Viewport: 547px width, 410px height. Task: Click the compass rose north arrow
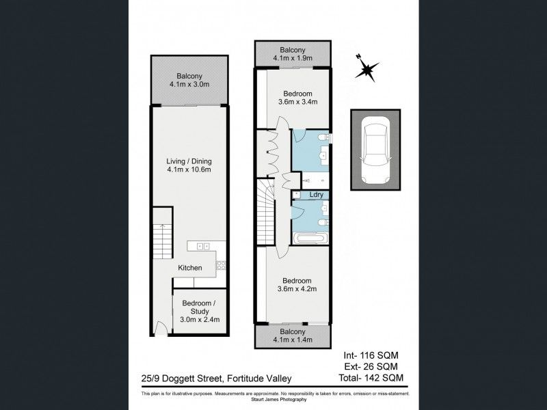click(367, 68)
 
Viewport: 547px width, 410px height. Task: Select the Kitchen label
click(190, 268)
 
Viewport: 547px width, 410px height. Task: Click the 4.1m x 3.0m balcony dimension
click(189, 85)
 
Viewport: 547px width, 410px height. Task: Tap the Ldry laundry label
click(317, 195)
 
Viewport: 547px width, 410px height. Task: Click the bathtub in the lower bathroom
click(312, 238)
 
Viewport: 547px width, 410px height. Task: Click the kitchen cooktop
click(202, 247)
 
